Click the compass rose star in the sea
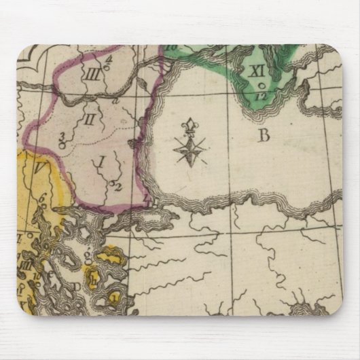click(187, 149)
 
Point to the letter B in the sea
click(263, 135)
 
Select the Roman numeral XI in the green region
click(256, 70)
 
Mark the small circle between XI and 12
click(262, 85)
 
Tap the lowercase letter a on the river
click(116, 100)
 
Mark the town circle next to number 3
click(62, 144)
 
